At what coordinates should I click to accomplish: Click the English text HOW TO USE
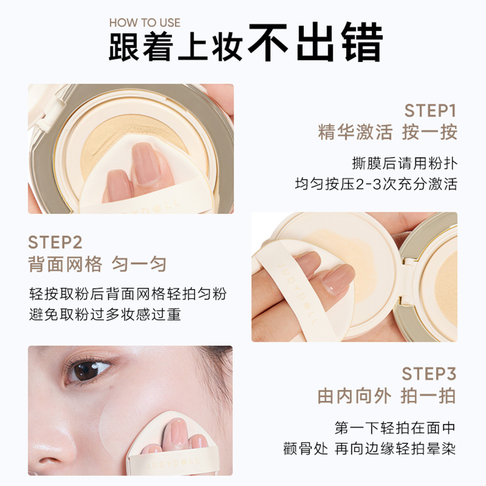(x=144, y=23)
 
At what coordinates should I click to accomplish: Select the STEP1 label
(x=430, y=111)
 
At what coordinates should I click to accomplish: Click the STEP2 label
(x=55, y=242)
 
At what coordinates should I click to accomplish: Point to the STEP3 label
(x=429, y=374)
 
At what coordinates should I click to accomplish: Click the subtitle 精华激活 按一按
(x=387, y=132)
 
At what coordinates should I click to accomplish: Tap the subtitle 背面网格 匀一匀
(x=97, y=264)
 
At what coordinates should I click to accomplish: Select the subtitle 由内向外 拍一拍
(x=386, y=396)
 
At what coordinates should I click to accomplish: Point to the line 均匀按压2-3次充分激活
(x=376, y=184)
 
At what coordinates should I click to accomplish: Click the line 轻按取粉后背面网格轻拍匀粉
(x=128, y=294)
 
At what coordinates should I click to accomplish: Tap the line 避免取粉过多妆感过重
(x=105, y=315)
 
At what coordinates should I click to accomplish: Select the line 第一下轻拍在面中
(x=395, y=428)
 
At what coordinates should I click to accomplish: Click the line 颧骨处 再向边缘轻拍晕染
(x=369, y=449)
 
